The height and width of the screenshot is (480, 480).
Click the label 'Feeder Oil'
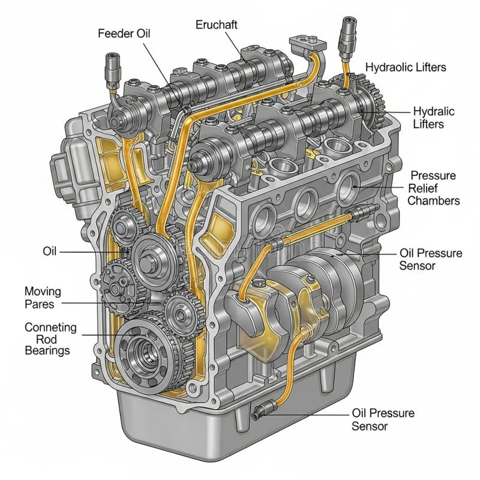(x=124, y=34)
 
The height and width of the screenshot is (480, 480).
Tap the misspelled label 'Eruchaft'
(x=217, y=25)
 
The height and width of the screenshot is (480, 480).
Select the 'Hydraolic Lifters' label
(x=406, y=67)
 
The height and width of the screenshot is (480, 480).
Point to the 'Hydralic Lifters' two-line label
(x=433, y=118)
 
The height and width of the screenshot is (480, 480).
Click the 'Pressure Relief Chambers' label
(x=433, y=188)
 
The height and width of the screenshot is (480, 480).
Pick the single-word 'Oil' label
(x=50, y=251)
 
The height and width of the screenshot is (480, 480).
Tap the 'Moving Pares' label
(x=43, y=298)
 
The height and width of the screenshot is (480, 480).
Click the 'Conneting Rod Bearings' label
(x=50, y=339)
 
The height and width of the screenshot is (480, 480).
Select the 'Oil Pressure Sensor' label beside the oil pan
(x=383, y=419)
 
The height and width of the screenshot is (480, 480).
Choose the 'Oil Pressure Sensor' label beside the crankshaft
(x=431, y=259)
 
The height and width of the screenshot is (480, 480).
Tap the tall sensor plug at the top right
(x=347, y=38)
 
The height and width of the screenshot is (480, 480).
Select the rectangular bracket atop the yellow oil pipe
(x=307, y=44)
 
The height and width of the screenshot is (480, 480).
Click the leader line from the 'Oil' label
(x=94, y=252)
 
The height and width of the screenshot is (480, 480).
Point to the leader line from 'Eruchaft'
(x=233, y=44)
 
